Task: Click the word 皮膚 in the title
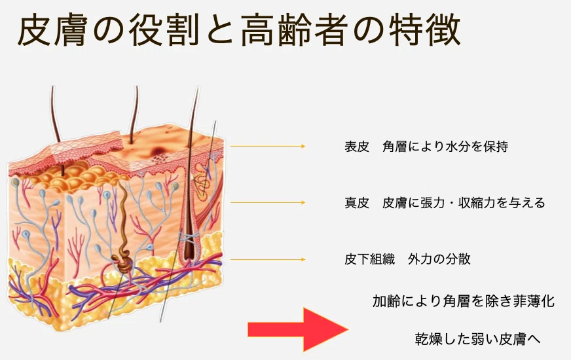pyautogui.click(x=52, y=30)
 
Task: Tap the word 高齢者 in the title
pyautogui.click(x=294, y=30)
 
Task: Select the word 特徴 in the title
pyautogui.click(x=424, y=30)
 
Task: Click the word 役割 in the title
pyautogui.click(x=164, y=30)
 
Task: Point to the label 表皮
pyautogui.click(x=357, y=147)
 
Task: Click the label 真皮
pyautogui.click(x=357, y=203)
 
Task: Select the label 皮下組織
pyautogui.click(x=369, y=259)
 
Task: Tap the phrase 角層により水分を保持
pyautogui.click(x=445, y=147)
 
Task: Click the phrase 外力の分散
pyautogui.click(x=439, y=259)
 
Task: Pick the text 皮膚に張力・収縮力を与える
pyautogui.click(x=464, y=203)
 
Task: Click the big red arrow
pyautogui.click(x=298, y=329)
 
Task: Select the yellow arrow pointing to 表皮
pyautogui.click(x=268, y=147)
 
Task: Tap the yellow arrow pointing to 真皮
pyautogui.click(x=268, y=202)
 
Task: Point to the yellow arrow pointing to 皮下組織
pyautogui.click(x=268, y=260)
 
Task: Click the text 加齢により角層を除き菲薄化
pyautogui.click(x=464, y=301)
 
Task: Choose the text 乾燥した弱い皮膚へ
pyautogui.click(x=478, y=339)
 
